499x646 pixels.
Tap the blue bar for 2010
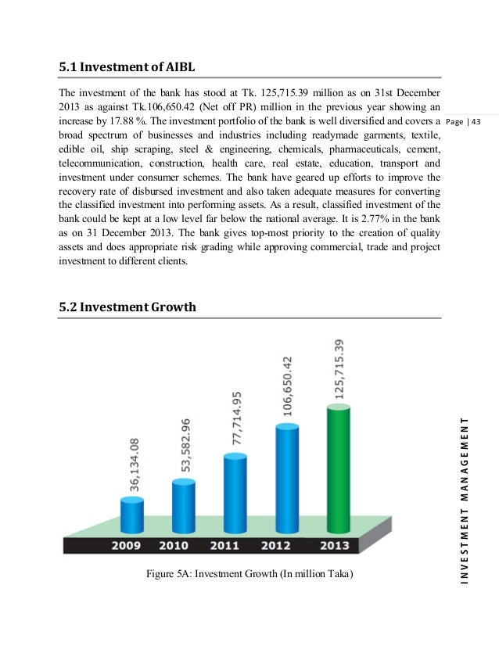183,504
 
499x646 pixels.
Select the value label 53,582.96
185,445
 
